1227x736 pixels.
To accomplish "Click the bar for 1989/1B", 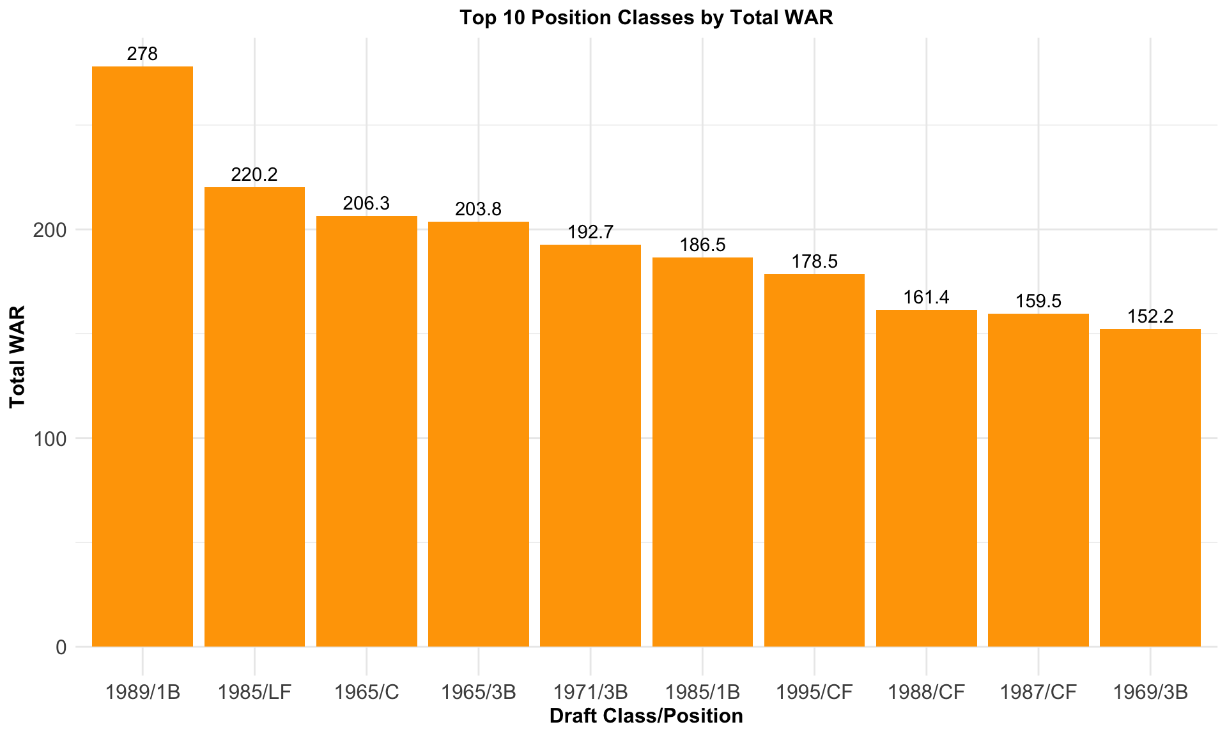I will tap(143, 356).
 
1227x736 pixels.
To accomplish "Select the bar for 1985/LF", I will tap(254, 417).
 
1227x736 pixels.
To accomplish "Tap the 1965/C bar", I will tap(367, 431).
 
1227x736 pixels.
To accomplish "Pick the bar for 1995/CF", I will tap(814, 460).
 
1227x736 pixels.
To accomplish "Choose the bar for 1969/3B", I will tap(1150, 487).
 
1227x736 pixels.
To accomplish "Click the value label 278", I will tap(143, 54).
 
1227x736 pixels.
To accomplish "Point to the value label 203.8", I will tap(478, 209).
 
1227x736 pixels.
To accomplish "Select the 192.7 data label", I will tap(590, 232).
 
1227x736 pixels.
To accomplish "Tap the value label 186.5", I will tap(702, 245).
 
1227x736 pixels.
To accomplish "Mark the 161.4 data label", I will tap(926, 297).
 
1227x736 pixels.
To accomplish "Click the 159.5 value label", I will tap(1038, 301).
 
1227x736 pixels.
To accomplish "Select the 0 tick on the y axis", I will tap(61, 647).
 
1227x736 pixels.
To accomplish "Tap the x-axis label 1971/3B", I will tap(590, 692).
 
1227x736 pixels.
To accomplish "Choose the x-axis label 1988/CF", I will tap(926, 692).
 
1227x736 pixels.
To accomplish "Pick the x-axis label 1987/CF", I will tap(1038, 692).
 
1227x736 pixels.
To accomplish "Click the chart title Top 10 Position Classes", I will tap(646, 17).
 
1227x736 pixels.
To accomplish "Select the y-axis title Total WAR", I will tap(17, 356).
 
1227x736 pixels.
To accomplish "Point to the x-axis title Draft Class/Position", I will tap(646, 716).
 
